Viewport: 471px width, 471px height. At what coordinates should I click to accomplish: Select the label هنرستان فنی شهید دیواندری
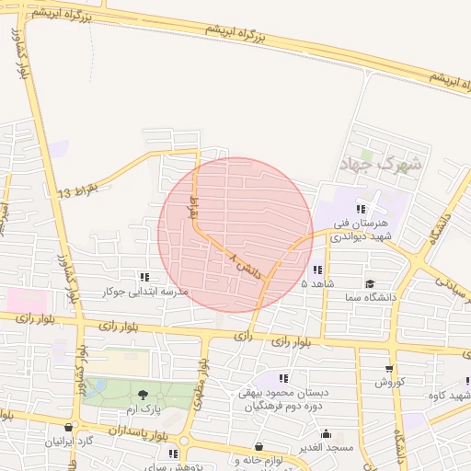pyautogui.click(x=367, y=230)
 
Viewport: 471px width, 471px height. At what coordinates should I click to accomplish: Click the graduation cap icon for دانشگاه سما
pyautogui.click(x=370, y=284)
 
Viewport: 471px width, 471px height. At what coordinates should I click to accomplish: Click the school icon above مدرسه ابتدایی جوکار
pyautogui.click(x=144, y=277)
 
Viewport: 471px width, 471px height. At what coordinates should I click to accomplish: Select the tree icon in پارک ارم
pyautogui.click(x=141, y=396)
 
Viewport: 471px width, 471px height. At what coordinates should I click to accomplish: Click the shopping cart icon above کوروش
pyautogui.click(x=389, y=368)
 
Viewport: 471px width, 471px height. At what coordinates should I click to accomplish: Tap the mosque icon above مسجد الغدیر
pyautogui.click(x=326, y=433)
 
